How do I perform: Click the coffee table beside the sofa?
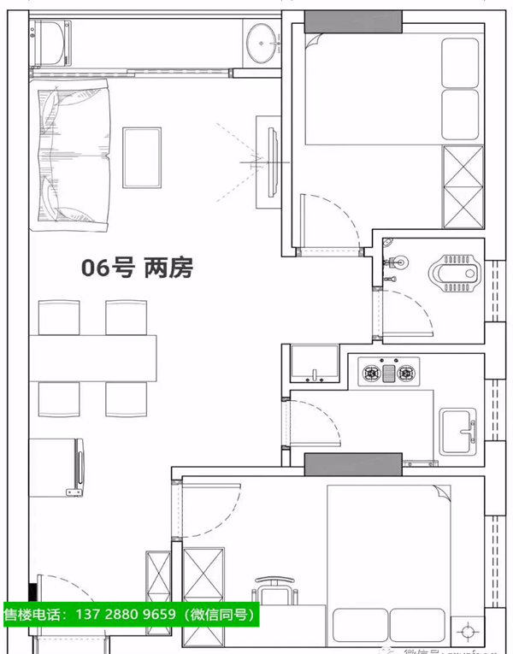141,157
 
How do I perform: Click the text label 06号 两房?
137,268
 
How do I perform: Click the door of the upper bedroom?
325,222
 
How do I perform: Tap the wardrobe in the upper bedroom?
463,186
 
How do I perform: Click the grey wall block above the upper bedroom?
353,19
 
